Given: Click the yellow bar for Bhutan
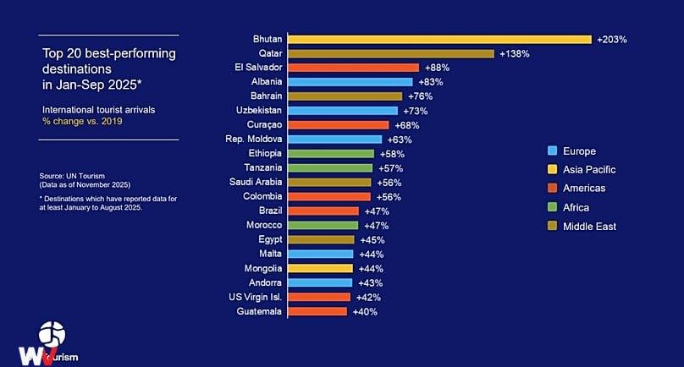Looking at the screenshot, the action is point(439,40).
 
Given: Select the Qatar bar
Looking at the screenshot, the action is point(391,54).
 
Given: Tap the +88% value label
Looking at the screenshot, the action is point(437,68).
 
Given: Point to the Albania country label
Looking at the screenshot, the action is point(267,81).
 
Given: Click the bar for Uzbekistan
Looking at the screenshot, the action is point(343,111).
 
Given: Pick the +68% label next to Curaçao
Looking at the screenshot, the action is point(407,125).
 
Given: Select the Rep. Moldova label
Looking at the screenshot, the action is point(253,139).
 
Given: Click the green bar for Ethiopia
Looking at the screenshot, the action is point(331,154).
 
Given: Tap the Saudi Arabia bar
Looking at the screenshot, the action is point(329,183).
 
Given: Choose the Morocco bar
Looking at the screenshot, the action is point(323,226).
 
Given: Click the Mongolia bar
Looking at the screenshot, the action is point(321,269).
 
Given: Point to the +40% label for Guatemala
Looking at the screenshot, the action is point(365,312).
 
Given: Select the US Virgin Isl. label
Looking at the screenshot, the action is point(255,298).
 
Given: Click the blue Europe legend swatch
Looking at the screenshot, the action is point(552,151).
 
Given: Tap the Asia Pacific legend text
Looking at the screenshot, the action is point(589,170).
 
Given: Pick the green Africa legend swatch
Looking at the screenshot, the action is point(552,207).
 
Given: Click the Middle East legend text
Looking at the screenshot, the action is point(590,227).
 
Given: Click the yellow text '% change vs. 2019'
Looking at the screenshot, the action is point(82,122).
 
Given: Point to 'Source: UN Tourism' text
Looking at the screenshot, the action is point(72,176).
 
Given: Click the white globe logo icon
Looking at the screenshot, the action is point(52,334).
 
